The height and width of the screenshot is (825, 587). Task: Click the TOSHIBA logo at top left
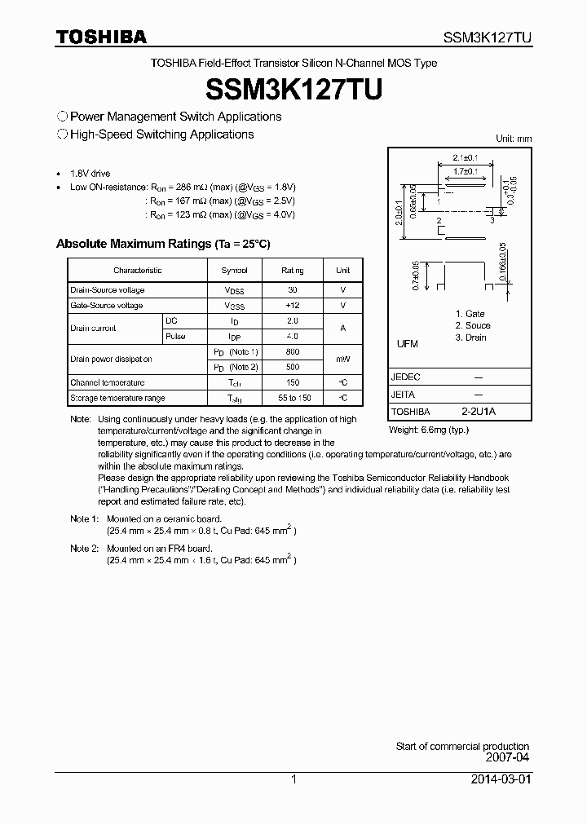(101, 37)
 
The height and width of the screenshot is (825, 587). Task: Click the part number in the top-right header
(488, 37)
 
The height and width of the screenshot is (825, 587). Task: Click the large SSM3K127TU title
(293, 89)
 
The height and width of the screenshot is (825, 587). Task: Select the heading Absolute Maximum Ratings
(162, 244)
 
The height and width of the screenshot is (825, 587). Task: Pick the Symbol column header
(234, 270)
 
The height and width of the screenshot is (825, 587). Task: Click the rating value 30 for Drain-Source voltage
(292, 290)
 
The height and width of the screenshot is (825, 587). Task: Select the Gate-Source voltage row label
(106, 306)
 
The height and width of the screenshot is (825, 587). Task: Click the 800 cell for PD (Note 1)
(292, 351)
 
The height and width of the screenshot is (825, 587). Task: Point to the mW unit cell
(342, 359)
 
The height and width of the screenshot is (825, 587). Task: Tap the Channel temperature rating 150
(292, 382)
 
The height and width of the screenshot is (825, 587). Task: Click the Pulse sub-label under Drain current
(175, 336)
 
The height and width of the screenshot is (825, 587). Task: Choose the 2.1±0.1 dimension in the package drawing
(466, 157)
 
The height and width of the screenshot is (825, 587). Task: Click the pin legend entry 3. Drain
(470, 337)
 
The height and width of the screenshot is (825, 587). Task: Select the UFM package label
(407, 344)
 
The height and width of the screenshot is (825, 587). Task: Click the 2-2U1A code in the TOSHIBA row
(478, 412)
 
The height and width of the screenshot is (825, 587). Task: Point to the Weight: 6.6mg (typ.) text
(429, 429)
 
